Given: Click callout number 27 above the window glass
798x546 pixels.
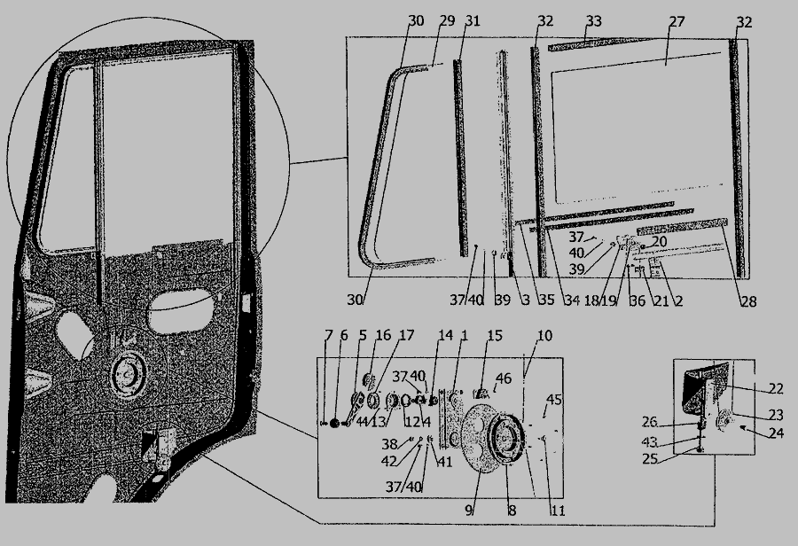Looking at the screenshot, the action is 677,21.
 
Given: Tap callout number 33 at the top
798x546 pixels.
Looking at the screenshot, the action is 594,21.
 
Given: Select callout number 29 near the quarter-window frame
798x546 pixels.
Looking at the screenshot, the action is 447,20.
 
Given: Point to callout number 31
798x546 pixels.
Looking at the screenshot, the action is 473,20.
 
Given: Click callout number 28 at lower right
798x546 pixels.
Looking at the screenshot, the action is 748,301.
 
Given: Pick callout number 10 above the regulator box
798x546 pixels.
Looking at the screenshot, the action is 544,335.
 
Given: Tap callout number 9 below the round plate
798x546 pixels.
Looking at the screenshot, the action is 469,510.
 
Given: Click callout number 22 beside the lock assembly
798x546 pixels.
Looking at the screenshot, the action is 775,388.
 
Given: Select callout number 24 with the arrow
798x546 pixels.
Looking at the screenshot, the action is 775,433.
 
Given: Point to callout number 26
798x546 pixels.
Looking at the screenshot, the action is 649,422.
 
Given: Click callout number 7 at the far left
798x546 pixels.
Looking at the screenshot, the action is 328,335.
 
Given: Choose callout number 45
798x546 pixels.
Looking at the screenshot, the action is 553,400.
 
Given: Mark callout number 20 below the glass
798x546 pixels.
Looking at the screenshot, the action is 659,241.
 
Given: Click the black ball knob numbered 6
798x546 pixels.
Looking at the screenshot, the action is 334,423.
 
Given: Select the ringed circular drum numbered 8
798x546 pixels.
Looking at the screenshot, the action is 505,439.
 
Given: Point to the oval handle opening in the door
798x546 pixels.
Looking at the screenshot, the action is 180,310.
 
